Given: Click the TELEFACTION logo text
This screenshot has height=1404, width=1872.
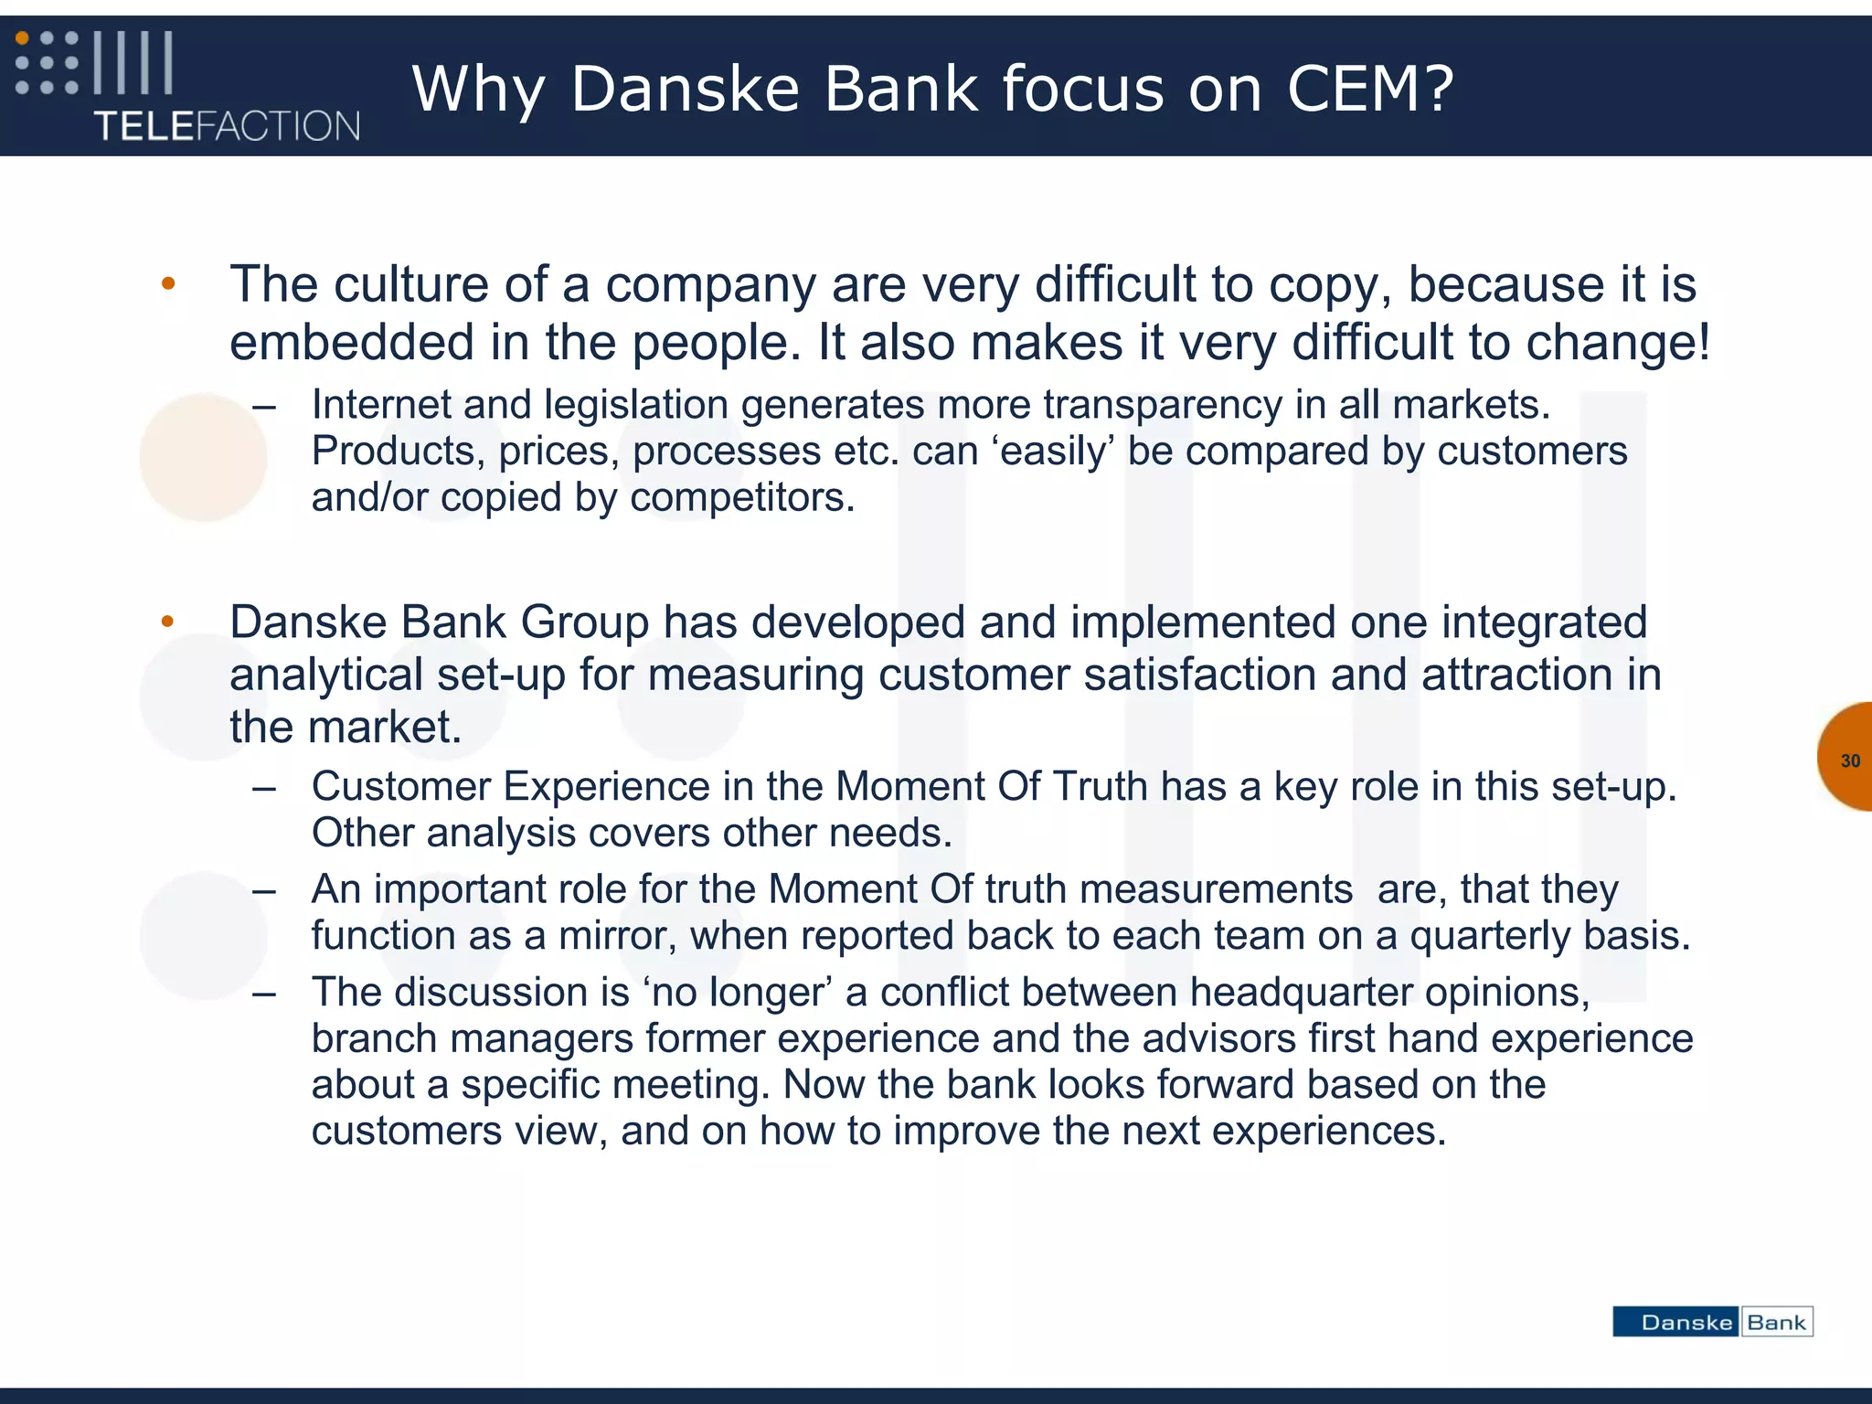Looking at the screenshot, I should tap(227, 126).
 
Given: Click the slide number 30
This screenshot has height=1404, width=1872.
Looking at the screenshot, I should tap(1850, 760).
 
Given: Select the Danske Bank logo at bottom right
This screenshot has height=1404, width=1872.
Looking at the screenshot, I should tap(1712, 1322).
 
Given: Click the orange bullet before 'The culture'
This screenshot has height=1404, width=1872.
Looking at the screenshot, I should tap(168, 283).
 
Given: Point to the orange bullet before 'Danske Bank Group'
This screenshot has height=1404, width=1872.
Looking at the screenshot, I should tap(168, 622).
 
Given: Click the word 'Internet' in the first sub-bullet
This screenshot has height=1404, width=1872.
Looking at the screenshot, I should tap(382, 405).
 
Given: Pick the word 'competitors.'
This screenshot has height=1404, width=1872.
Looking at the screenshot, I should tap(742, 498).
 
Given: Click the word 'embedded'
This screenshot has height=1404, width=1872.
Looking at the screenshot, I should tap(352, 343).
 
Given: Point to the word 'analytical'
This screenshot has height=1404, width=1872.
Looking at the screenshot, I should tap(325, 675).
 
